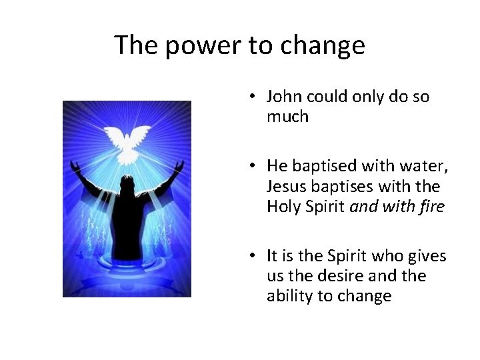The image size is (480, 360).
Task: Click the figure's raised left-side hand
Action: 76,164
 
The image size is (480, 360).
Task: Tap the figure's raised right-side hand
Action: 179,163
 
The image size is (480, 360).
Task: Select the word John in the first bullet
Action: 283,97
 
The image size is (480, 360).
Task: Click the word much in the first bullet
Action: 287,117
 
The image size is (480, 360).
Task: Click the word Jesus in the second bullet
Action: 285,186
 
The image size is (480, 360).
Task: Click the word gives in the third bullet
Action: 427,256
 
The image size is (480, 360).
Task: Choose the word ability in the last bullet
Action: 288,296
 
